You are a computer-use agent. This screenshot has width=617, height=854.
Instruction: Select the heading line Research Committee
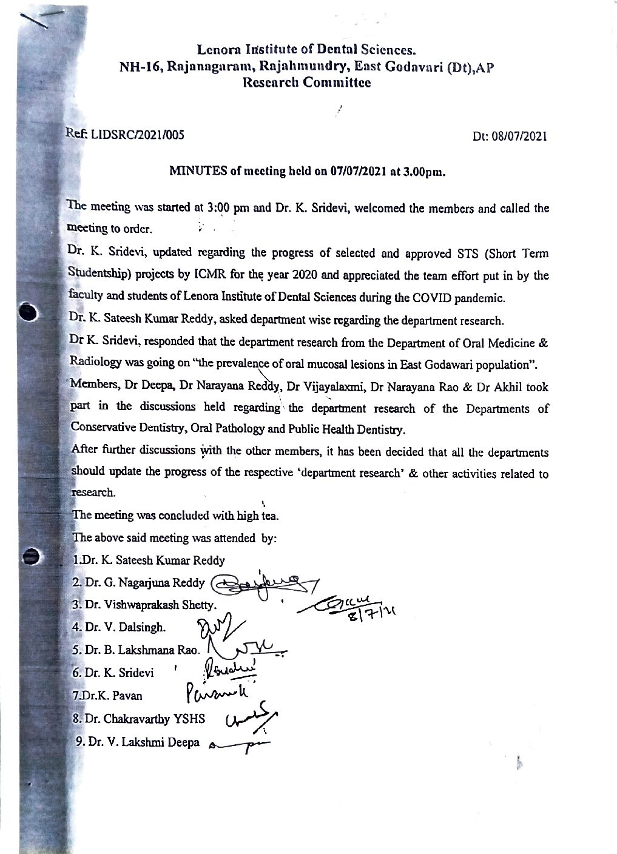[x=306, y=82]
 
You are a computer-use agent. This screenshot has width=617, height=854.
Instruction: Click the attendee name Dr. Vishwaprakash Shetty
[x=149, y=605]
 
